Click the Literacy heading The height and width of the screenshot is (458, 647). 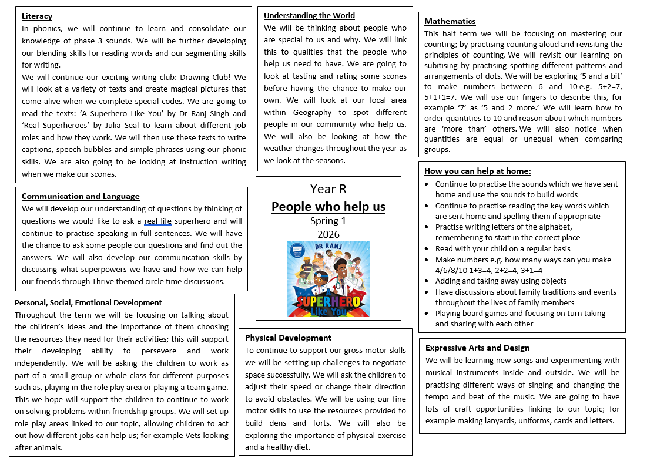coord(37,16)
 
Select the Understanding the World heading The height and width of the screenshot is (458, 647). coord(309,15)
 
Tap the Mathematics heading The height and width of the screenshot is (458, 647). coord(450,21)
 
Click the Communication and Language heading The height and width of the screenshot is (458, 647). coord(81,196)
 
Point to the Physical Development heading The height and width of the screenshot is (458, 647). coord(288,338)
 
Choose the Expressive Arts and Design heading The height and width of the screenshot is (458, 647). coord(477,348)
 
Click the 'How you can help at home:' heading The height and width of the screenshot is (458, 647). coord(477,171)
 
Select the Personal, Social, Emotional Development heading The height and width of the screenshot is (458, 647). coord(88,302)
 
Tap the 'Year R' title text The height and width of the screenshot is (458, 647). coord(328,188)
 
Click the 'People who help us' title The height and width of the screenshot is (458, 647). coord(328,206)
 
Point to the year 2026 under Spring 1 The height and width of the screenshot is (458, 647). coord(328,234)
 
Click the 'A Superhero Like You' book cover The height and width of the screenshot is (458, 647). coord(328,279)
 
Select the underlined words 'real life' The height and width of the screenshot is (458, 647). coord(159,221)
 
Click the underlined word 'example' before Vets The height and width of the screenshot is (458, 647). coord(169,436)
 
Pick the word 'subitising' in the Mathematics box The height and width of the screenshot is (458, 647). coord(444,65)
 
